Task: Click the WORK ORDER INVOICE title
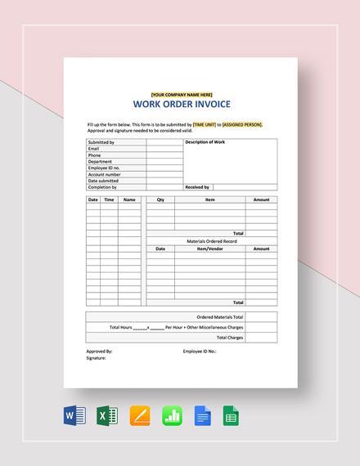click(x=181, y=104)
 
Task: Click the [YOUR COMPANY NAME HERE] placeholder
click(x=181, y=94)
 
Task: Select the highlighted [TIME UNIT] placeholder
click(x=204, y=124)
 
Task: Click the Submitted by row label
click(x=101, y=142)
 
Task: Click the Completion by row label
click(x=102, y=187)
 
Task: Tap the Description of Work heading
click(x=205, y=142)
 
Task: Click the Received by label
click(x=197, y=187)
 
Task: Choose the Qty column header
click(x=160, y=199)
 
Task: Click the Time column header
click(x=109, y=199)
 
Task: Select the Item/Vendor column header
click(x=209, y=249)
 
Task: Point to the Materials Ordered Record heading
click(x=212, y=241)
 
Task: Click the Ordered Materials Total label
click(x=220, y=316)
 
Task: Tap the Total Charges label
click(x=229, y=337)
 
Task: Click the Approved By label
click(x=99, y=351)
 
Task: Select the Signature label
click(x=97, y=358)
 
